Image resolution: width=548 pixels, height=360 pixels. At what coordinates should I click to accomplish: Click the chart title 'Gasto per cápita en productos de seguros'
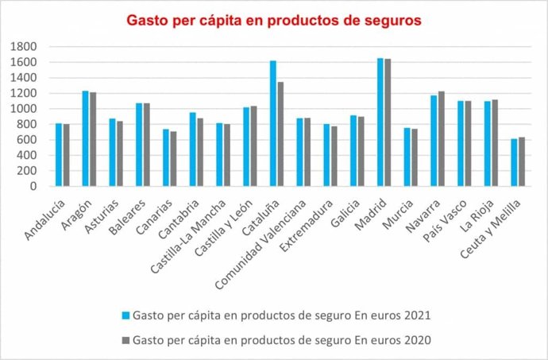tap(275, 18)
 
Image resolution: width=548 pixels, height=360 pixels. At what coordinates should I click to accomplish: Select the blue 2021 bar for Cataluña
tap(272, 124)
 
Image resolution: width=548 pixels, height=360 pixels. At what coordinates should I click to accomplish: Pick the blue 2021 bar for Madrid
tap(380, 122)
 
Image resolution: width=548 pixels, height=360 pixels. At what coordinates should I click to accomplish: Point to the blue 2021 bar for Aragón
tap(85, 139)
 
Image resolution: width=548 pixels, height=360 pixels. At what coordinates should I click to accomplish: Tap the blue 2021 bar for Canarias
tap(166, 158)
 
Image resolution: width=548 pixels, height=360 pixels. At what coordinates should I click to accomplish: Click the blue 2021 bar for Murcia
tap(407, 157)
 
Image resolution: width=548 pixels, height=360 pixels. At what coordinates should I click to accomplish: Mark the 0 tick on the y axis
tap(27, 187)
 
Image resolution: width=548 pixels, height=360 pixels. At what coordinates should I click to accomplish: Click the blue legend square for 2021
tap(125, 315)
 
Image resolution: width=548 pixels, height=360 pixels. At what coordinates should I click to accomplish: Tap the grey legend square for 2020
tap(125, 339)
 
